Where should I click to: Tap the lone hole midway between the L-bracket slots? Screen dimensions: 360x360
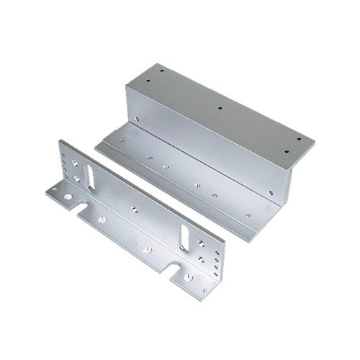[x=135, y=210]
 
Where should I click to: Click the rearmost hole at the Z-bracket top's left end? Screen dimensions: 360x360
[x=163, y=73]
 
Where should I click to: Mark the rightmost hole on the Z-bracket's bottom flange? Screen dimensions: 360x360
[x=249, y=214]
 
